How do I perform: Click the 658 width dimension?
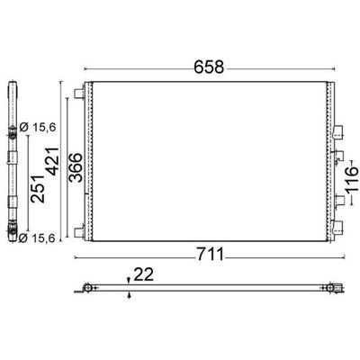pos(209,67)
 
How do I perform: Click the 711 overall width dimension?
pos(211,255)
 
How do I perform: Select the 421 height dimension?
pos(52,161)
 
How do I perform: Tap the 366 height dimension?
pos(75,167)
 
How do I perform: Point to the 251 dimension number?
pos(38,189)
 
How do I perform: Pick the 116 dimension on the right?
pos(352,179)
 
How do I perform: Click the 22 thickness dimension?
pos(143,274)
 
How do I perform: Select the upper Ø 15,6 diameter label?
pos(37,128)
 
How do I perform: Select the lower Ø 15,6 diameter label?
pos(37,238)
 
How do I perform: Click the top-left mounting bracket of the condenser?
pos(79,94)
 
